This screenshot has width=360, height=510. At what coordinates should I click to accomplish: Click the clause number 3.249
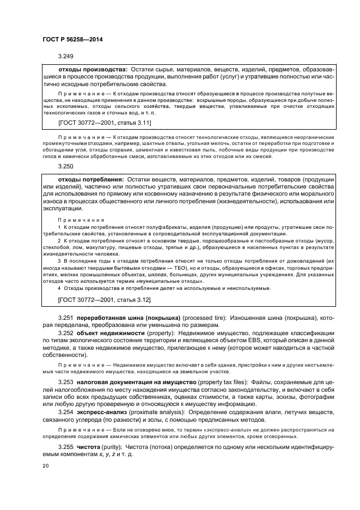coord(66,56)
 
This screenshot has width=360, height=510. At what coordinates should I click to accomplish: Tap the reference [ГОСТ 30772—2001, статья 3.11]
coord(105,123)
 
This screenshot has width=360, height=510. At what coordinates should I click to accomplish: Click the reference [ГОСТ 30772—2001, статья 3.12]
coord(105,300)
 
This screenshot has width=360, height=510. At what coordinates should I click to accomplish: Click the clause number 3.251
coord(66,317)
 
